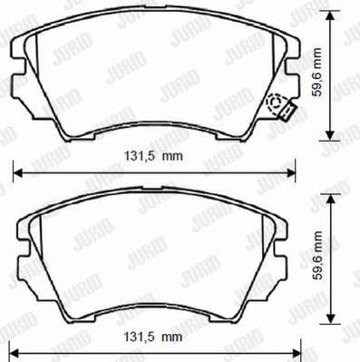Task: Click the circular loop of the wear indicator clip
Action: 275,103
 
